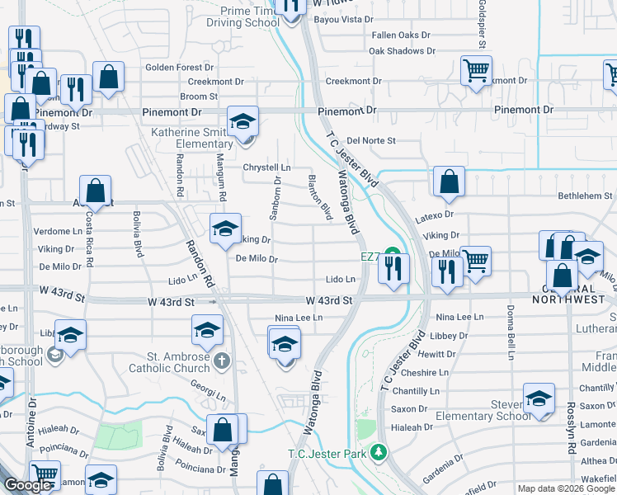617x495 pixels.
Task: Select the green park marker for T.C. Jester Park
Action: (379, 452)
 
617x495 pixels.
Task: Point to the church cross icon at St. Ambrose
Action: (221, 361)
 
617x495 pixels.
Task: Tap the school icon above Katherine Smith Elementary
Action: (243, 122)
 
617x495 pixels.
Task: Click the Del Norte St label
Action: (371, 140)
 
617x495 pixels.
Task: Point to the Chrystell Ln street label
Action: (267, 167)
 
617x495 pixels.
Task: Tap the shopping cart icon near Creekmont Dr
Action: (476, 72)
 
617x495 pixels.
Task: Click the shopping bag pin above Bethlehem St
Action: (448, 182)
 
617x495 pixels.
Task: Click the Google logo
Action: (27, 486)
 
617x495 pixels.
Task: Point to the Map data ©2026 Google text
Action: (566, 488)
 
